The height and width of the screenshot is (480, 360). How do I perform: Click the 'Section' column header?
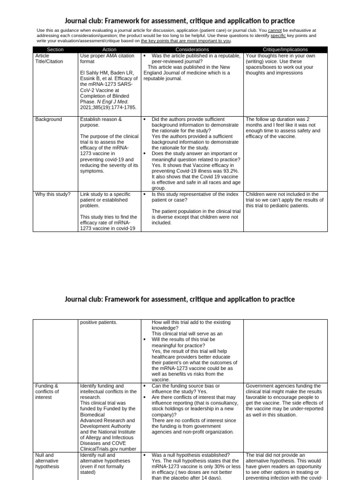(55, 49)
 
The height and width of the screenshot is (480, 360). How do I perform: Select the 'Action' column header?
(109, 49)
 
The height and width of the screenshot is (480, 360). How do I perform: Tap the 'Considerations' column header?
(192, 49)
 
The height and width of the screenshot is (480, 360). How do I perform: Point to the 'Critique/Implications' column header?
(285, 49)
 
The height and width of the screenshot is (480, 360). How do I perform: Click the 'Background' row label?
(48, 120)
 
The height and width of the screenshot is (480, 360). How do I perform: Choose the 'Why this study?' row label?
(52, 194)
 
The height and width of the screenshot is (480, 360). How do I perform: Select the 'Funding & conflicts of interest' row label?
(47, 391)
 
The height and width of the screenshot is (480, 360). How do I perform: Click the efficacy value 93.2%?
(229, 171)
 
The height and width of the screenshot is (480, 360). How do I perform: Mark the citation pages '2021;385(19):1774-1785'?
(108, 107)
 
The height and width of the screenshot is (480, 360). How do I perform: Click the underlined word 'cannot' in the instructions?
(275, 30)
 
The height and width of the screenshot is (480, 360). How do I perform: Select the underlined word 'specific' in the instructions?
(278, 36)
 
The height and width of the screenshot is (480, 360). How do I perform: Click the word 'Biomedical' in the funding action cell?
(93, 414)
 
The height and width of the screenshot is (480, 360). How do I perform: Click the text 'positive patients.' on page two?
(99, 322)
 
